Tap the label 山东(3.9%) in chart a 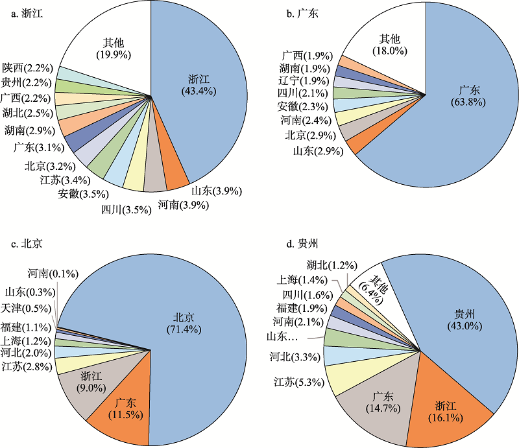click(216, 191)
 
